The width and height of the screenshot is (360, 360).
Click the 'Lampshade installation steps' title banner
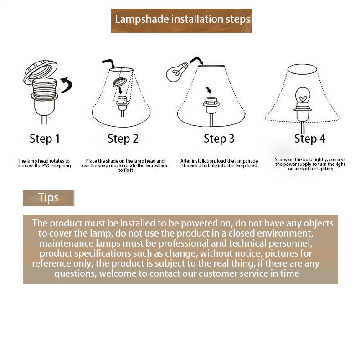(181, 21)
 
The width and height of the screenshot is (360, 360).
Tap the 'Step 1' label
(45, 139)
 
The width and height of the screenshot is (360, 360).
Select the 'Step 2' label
(123, 139)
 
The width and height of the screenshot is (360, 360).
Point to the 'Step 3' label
(219, 139)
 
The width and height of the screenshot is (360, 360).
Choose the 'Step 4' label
(310, 139)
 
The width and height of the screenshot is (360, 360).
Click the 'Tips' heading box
(48, 198)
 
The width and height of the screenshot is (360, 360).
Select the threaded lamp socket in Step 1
(44, 97)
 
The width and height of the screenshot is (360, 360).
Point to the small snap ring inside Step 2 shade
(119, 82)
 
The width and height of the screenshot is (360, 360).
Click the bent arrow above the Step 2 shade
(108, 63)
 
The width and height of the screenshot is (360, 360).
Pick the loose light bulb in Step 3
(177, 72)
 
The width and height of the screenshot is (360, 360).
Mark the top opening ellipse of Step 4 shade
(302, 69)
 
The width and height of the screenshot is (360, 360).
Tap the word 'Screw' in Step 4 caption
(281, 159)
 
